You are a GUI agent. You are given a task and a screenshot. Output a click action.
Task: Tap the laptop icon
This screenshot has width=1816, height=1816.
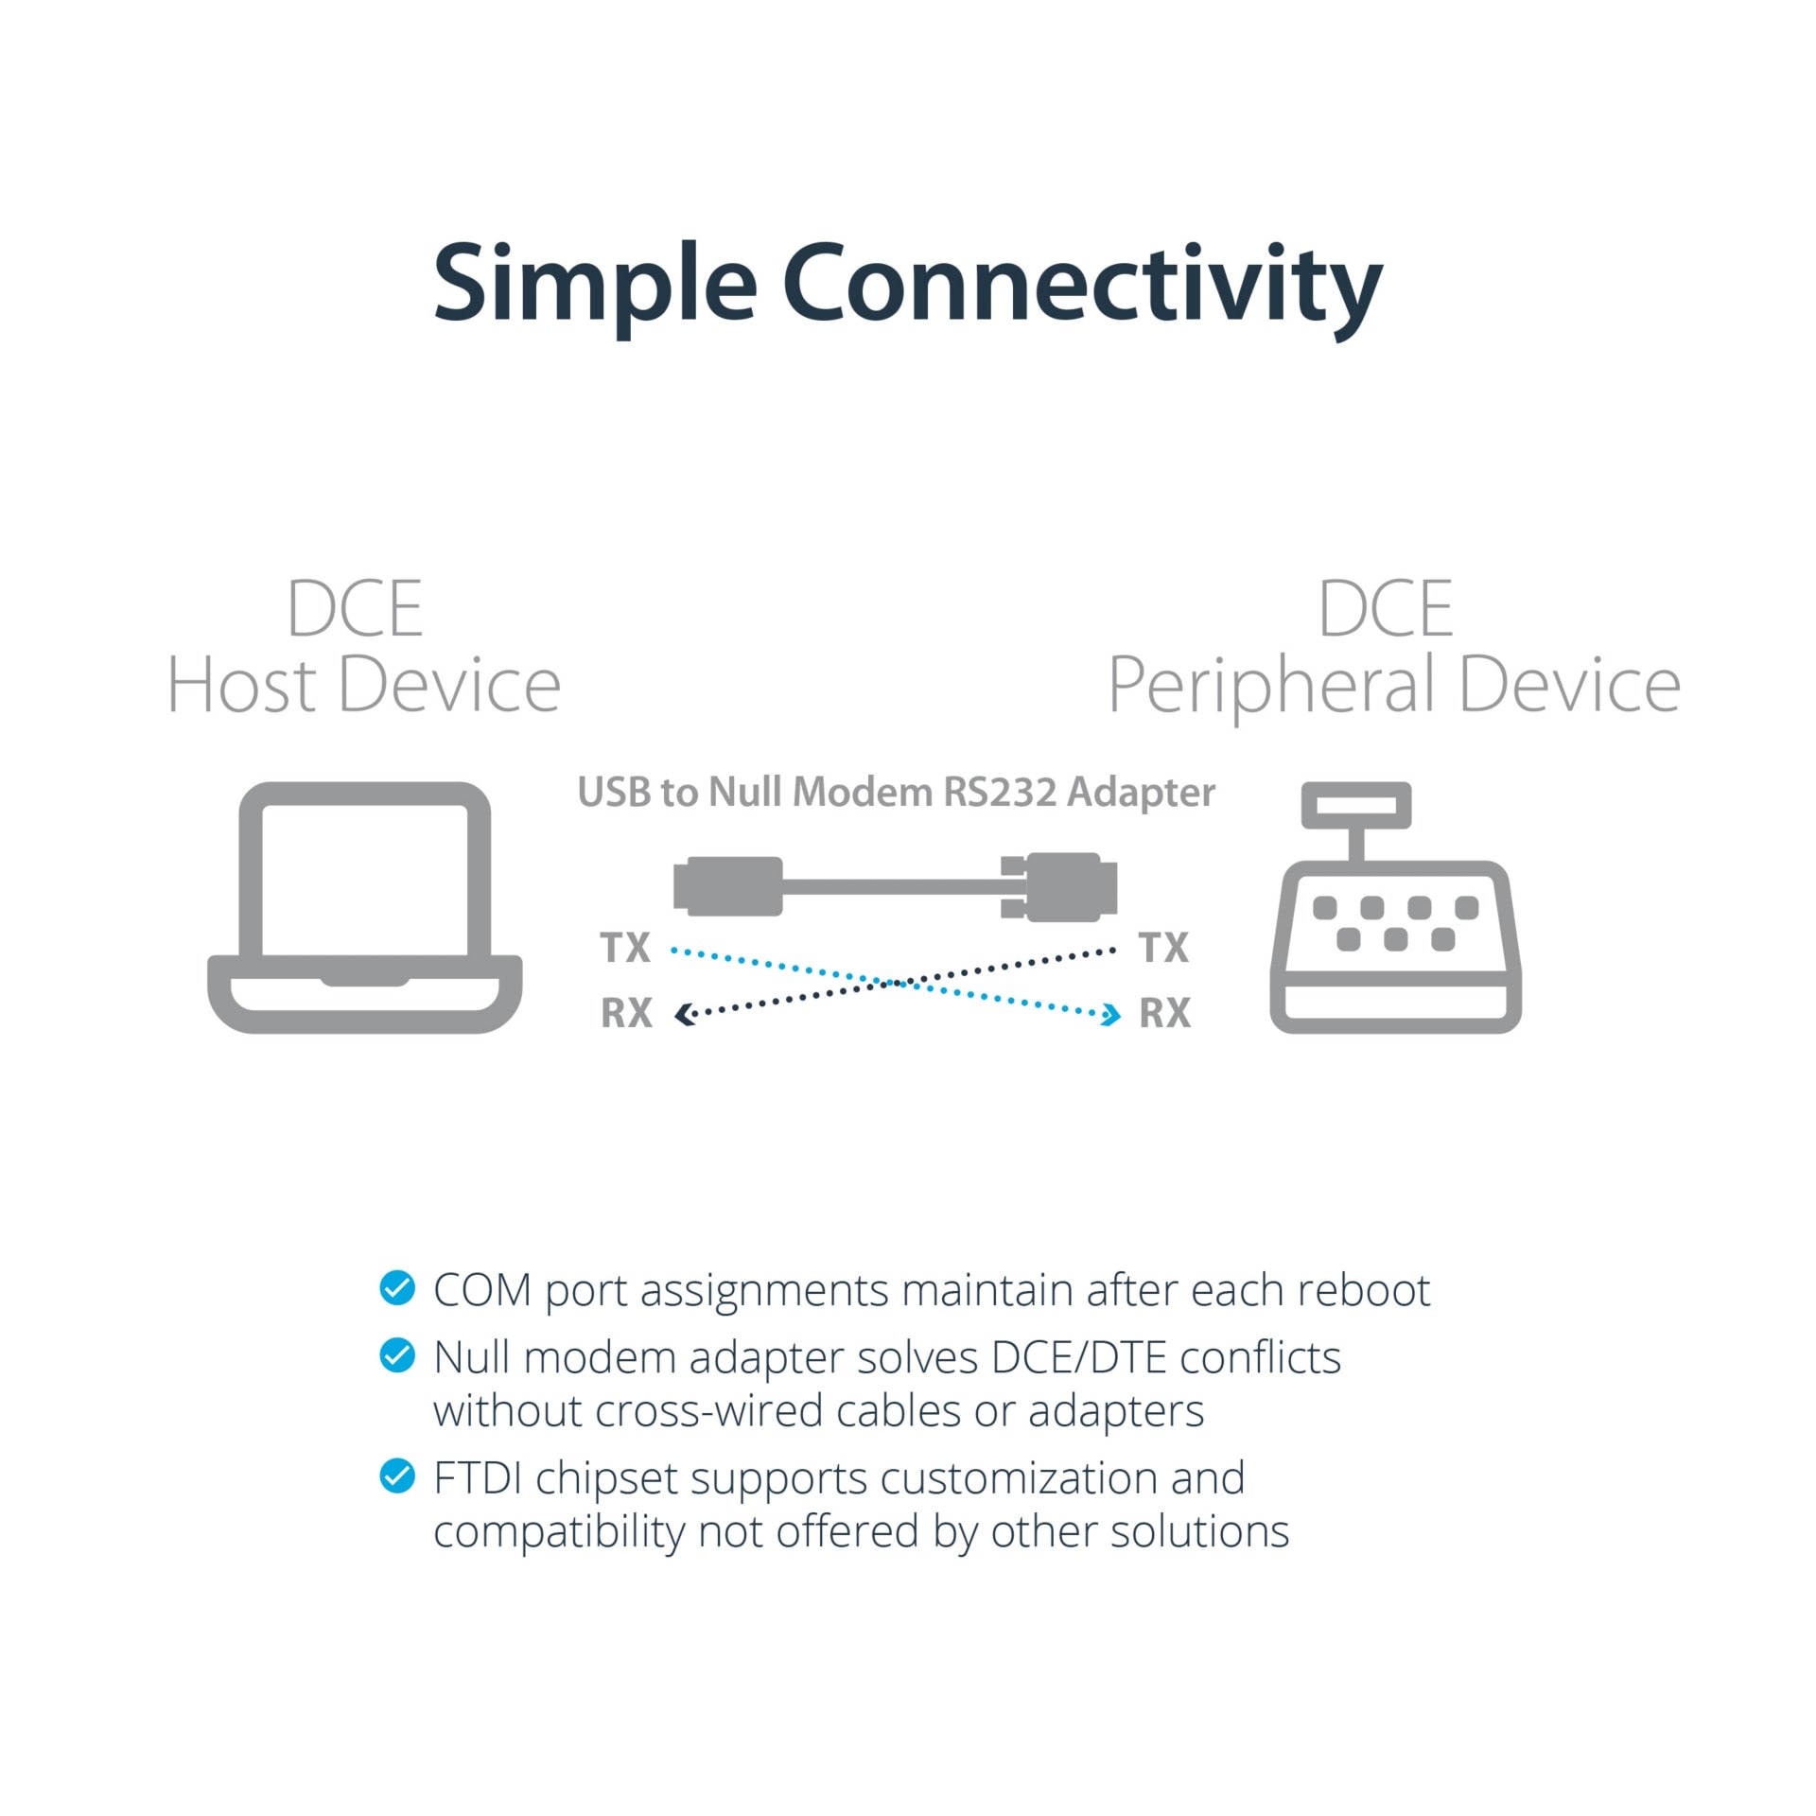coord(364,907)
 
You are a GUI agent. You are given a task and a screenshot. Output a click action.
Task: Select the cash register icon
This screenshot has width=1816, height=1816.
coord(1395,907)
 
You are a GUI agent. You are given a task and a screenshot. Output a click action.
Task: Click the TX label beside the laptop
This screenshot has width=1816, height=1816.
coord(625,947)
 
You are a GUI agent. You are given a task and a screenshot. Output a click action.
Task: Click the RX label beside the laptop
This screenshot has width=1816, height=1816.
coord(626,1013)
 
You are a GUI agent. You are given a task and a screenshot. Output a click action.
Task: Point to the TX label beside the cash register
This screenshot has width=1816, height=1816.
coord(1163,947)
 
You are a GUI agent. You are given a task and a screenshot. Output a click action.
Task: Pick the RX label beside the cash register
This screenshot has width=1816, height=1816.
coord(1164,1013)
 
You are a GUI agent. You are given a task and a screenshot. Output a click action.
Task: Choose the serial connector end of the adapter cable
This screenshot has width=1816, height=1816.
coord(1059,886)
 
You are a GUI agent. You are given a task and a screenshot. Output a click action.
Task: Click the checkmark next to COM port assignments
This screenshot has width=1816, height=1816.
coord(397,1287)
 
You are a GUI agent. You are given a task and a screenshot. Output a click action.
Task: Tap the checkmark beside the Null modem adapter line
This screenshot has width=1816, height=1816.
coord(397,1355)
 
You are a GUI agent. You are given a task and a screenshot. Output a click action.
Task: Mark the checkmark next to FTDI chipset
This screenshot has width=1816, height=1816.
coord(397,1475)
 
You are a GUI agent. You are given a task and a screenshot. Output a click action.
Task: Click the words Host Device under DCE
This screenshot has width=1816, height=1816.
coord(364,686)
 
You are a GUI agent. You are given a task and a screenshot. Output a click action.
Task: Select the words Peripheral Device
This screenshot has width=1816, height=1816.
coord(1394,688)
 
